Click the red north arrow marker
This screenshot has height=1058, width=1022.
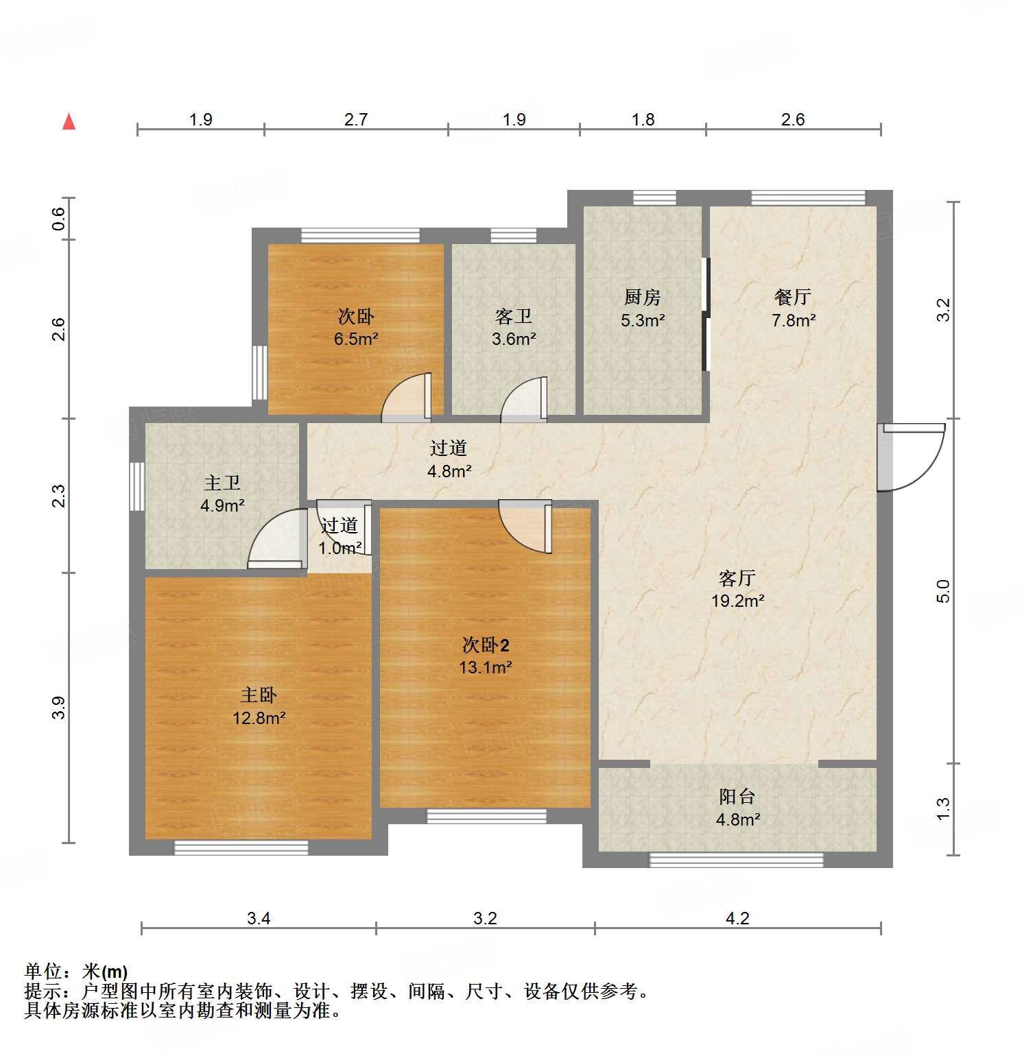pyautogui.click(x=69, y=121)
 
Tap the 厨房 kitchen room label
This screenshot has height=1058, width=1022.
pyautogui.click(x=643, y=297)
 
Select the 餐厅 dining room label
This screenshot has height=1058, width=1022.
pyautogui.click(x=793, y=297)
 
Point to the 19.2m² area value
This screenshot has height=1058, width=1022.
pyautogui.click(x=737, y=601)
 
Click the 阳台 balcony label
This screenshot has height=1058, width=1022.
pyautogui.click(x=737, y=796)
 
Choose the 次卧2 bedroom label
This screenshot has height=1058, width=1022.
pyautogui.click(x=486, y=645)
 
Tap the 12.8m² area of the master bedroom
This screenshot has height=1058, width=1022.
pyautogui.click(x=259, y=718)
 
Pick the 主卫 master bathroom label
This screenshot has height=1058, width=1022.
pyautogui.click(x=222, y=483)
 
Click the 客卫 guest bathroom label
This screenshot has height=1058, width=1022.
pyautogui.click(x=514, y=316)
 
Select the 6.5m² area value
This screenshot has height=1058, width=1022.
pyautogui.click(x=356, y=339)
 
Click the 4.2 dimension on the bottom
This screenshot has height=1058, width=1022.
pyautogui.click(x=737, y=918)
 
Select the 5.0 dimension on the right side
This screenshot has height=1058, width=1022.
pyautogui.click(x=944, y=590)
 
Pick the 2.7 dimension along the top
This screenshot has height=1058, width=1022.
pyautogui.click(x=356, y=120)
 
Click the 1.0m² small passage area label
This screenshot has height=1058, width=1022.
pyautogui.click(x=340, y=549)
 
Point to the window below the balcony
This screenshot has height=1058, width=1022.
pyautogui.click(x=736, y=860)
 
